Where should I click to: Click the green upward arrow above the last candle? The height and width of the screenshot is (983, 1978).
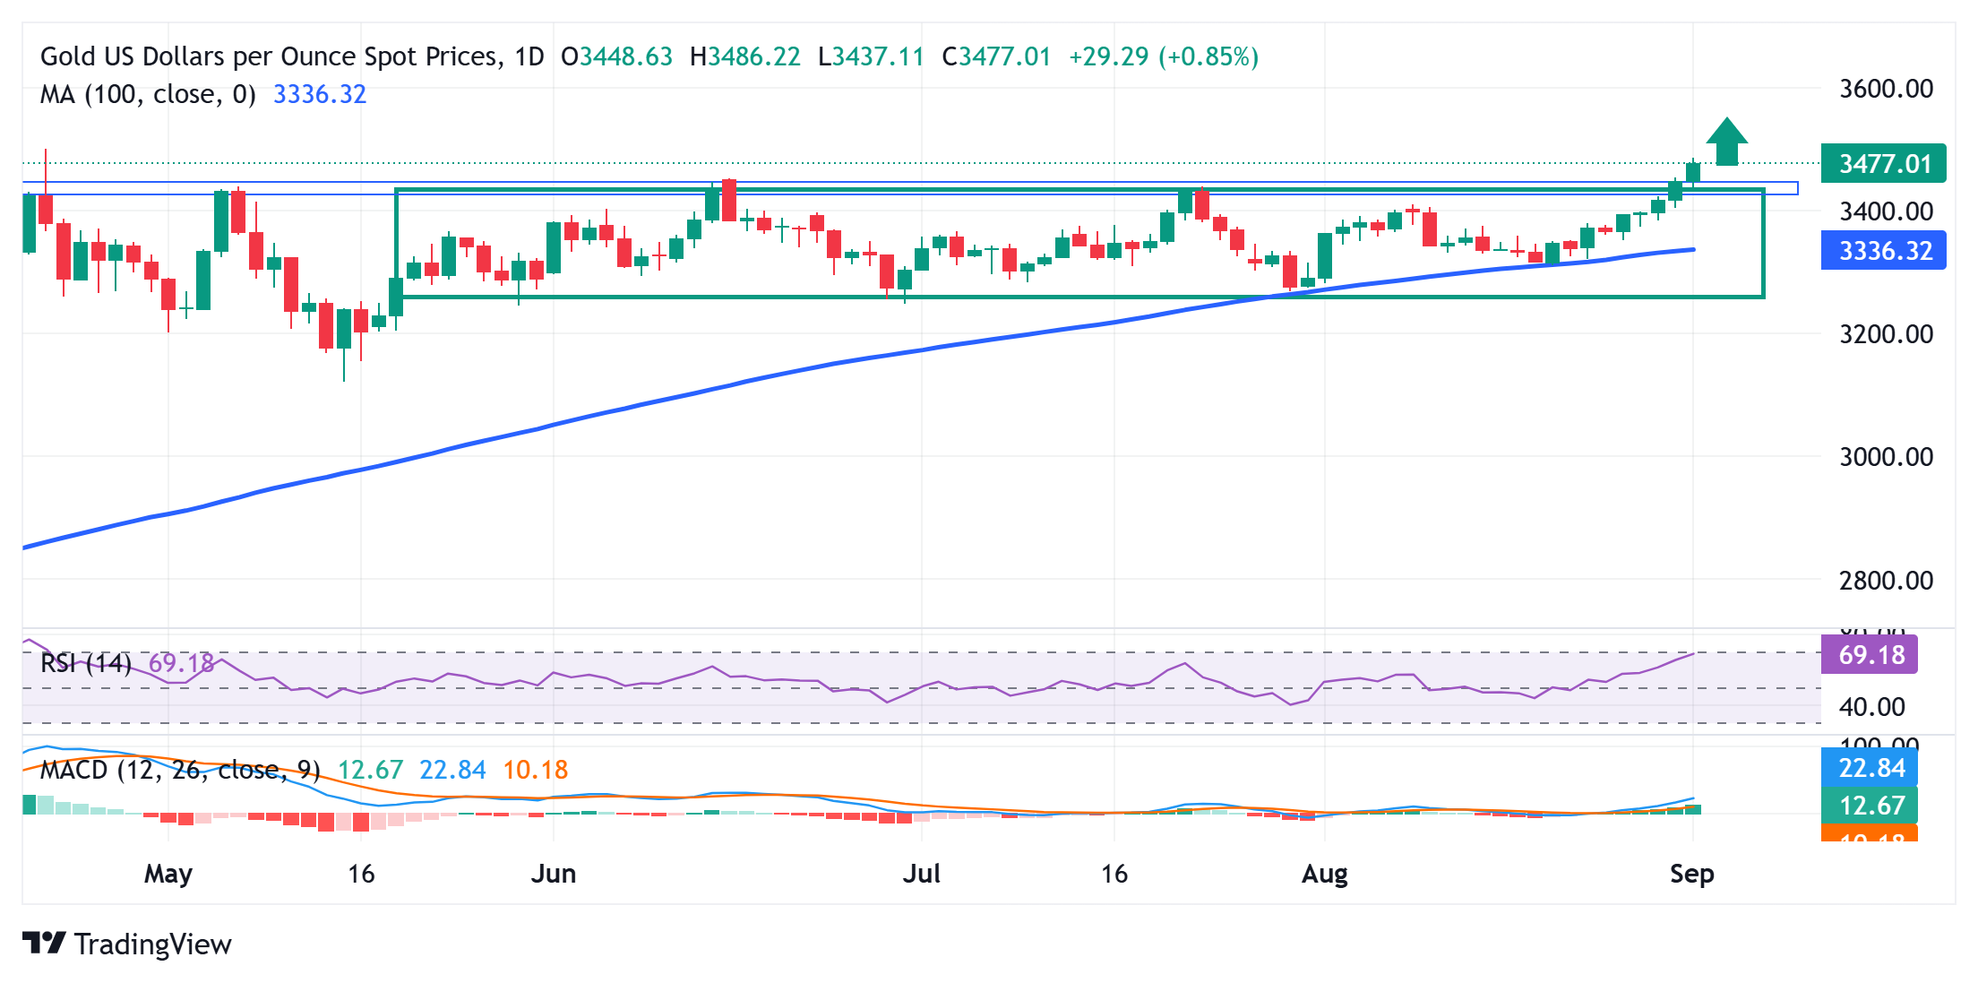[1726, 142]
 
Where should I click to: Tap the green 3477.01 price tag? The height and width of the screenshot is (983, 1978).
[1883, 164]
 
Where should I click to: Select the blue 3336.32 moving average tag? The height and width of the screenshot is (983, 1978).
[1883, 251]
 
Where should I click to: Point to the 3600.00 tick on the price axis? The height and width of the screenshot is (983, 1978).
[1886, 89]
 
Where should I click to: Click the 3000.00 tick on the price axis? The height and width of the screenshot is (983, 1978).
[1886, 457]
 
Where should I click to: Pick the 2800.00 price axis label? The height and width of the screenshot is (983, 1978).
[1886, 581]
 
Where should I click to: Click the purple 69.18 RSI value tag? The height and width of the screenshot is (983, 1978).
[1870, 655]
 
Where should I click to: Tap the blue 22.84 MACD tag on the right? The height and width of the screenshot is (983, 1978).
[1870, 768]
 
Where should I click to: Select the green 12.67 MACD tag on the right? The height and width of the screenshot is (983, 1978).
[1870, 806]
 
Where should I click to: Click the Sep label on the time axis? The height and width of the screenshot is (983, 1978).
[1691, 874]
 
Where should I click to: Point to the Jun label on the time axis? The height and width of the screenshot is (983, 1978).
[553, 874]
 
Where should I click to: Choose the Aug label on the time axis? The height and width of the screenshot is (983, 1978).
[1324, 874]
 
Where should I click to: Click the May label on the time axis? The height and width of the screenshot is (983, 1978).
[168, 874]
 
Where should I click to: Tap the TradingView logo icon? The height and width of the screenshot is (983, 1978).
[44, 944]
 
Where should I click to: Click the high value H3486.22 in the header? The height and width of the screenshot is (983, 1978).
[744, 56]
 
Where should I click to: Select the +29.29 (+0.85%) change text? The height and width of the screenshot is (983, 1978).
[1163, 56]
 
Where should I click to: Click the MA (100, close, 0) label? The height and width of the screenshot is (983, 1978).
[148, 94]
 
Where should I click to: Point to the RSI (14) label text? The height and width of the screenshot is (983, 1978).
[86, 663]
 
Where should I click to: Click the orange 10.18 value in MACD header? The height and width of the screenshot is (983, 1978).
[535, 770]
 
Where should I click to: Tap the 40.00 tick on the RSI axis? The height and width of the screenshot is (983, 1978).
[1871, 707]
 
